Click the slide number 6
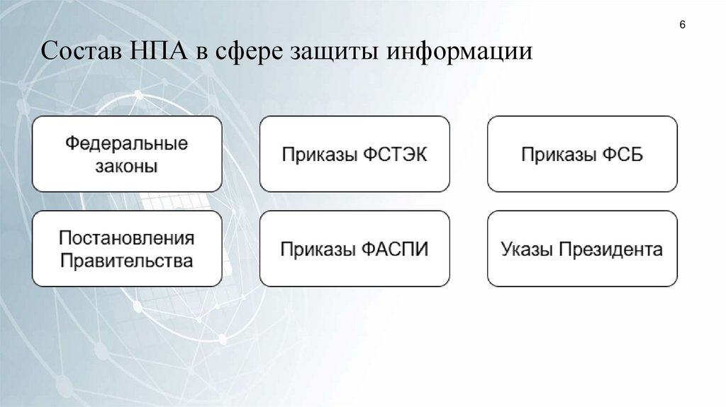(682, 26)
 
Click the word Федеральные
(128, 143)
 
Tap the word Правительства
(127, 260)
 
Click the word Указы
(525, 250)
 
